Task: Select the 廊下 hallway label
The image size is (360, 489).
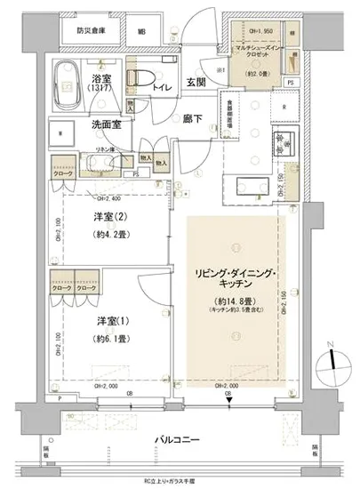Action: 194,118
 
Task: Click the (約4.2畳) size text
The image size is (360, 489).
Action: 112,236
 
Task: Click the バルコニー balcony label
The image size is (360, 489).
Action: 179,440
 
